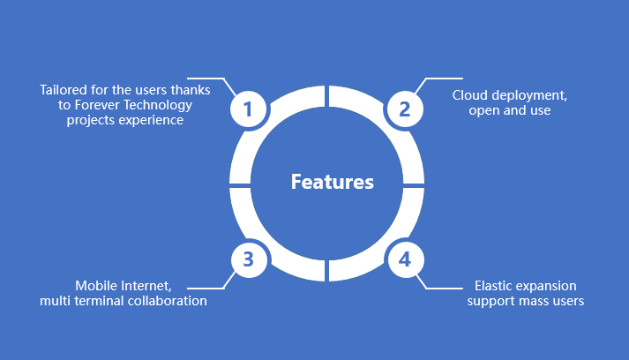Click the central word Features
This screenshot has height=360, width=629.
click(333, 182)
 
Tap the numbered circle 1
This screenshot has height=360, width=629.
click(248, 109)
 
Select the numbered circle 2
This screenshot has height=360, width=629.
click(405, 109)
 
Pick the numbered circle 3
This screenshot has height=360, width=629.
click(248, 259)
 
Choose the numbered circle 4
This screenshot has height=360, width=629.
click(405, 259)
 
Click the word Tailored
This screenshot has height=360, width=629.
click(63, 90)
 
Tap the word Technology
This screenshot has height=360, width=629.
click(160, 105)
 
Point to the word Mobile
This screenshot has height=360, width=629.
click(96, 286)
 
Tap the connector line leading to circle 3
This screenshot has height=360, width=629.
click(207, 287)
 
